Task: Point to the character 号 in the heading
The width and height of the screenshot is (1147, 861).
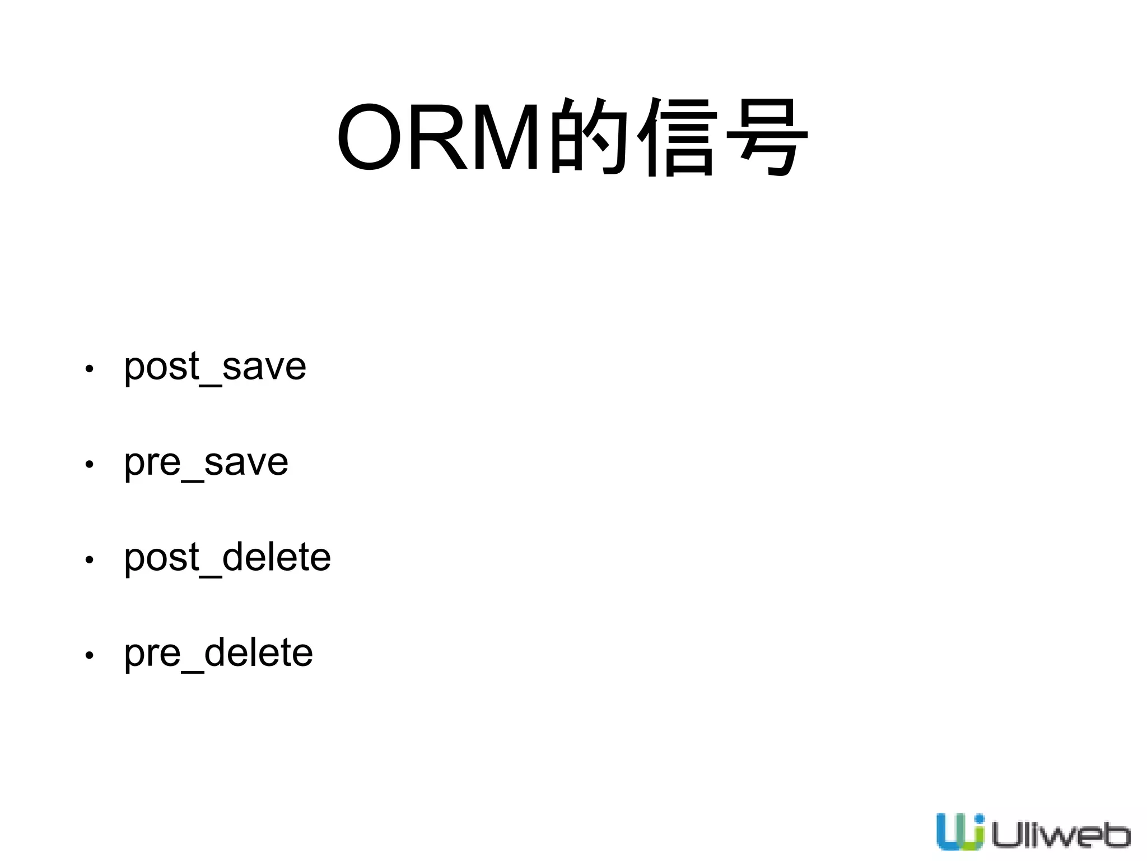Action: click(767, 137)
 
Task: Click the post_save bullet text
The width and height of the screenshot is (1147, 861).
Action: click(215, 367)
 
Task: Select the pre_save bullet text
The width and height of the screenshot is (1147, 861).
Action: click(206, 463)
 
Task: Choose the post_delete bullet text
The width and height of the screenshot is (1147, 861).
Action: click(227, 558)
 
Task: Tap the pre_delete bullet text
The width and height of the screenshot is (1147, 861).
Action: click(218, 653)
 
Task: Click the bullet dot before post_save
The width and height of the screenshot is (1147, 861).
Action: click(89, 369)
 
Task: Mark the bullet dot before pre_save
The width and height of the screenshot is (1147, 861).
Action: click(89, 464)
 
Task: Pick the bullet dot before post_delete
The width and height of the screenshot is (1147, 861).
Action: click(89, 559)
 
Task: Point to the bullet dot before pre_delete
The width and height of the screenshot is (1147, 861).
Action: click(89, 655)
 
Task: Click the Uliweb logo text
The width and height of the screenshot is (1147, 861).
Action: click(1060, 835)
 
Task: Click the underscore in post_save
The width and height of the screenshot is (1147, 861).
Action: click(211, 383)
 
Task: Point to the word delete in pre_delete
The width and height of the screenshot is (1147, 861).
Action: click(258, 653)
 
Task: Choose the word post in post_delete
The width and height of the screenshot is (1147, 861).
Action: click(162, 558)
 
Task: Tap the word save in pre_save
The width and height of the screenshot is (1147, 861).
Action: click(246, 463)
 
